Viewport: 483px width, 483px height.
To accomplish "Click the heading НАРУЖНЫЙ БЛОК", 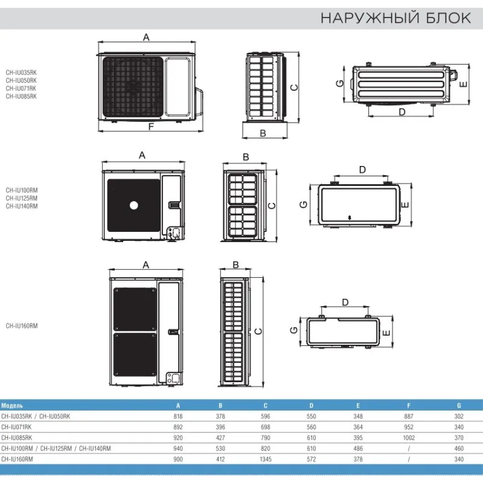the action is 396,18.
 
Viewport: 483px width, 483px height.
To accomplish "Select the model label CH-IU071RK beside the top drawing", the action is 21,88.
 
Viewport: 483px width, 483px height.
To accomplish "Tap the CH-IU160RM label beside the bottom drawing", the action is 22,326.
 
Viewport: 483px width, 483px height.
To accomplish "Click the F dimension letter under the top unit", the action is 151,127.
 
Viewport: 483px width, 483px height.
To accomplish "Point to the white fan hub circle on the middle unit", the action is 133,205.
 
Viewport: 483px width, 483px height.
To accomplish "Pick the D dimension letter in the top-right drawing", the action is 402,112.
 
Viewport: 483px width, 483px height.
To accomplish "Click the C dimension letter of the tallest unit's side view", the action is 258,331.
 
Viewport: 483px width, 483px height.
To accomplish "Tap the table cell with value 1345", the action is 266,459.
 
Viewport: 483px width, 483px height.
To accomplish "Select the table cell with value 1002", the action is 409,438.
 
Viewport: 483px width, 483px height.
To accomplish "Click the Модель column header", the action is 12,406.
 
